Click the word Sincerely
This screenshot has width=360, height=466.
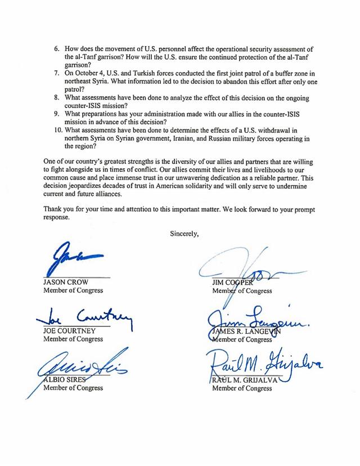click(x=186, y=234)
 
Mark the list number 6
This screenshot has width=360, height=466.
click(x=57, y=50)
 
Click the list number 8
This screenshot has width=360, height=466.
click(x=57, y=97)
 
